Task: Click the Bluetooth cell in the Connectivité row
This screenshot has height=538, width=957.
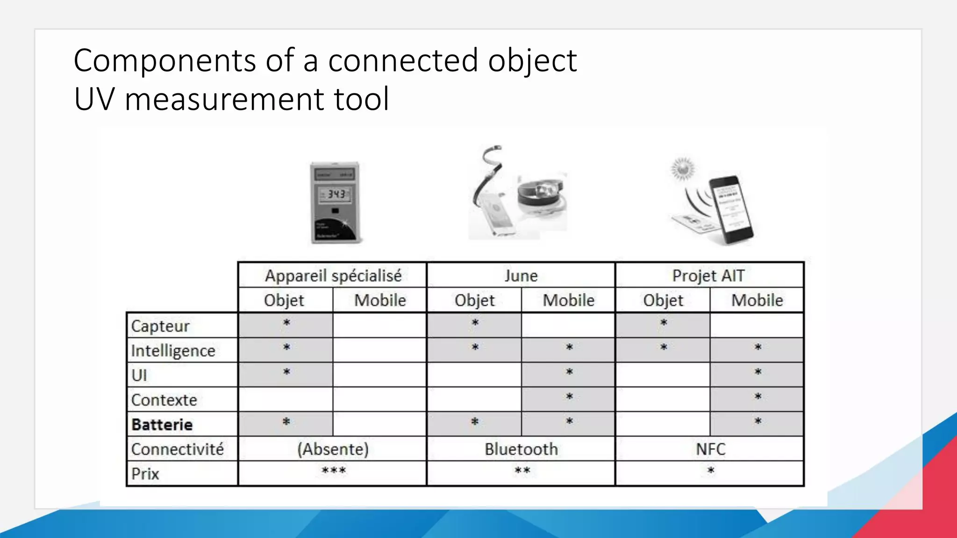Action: coord(521,449)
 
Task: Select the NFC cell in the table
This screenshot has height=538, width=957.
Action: coord(710,449)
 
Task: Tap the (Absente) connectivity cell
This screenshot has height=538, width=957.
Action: coord(333,449)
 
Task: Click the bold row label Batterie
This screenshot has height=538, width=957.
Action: coord(162,425)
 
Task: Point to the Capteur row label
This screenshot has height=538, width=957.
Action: coord(160,326)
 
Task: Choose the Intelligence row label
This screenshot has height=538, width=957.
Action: coord(173,351)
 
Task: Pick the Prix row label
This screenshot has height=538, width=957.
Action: coord(145,474)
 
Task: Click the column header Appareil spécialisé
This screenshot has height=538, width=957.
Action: coord(333,276)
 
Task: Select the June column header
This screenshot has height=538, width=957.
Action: coord(521,276)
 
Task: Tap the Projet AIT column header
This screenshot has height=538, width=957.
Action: coord(708,276)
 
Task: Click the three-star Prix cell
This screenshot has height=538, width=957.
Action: coord(333,471)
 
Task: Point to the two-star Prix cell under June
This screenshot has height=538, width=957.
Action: coord(522,471)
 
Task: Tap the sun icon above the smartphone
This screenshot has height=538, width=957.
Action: coord(683,169)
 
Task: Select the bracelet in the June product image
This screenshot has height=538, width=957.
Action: coord(542,196)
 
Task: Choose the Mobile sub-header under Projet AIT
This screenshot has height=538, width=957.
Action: coord(757,300)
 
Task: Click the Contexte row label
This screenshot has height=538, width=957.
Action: coord(164,400)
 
